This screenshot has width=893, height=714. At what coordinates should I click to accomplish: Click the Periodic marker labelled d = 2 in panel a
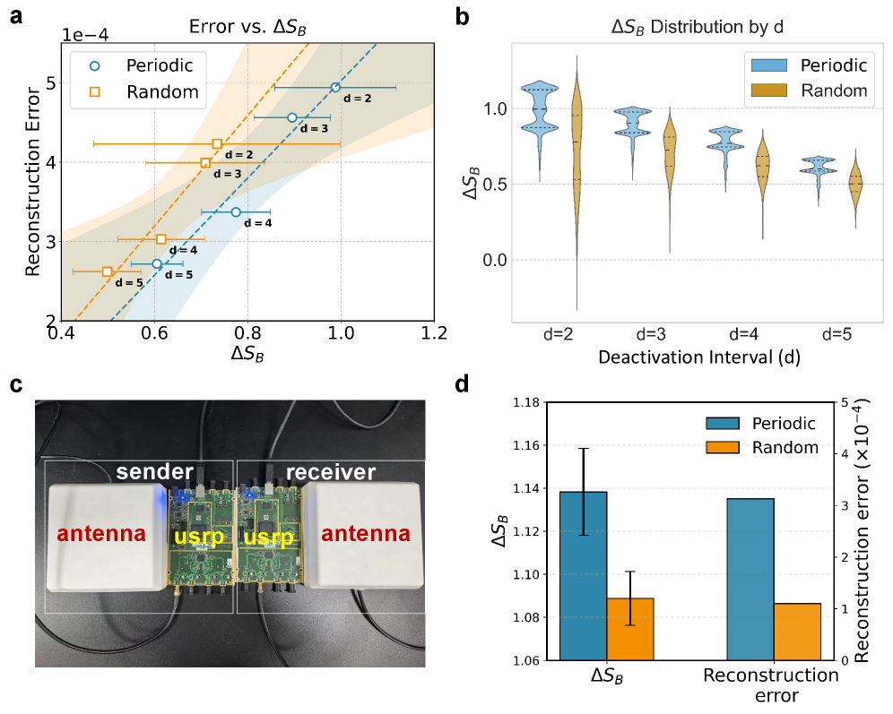tap(335, 88)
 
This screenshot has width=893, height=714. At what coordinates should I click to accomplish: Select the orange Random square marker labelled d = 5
tap(108, 271)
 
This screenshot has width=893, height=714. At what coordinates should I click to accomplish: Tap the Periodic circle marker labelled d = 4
tap(236, 212)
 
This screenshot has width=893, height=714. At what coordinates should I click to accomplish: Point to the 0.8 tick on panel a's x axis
tap(247, 332)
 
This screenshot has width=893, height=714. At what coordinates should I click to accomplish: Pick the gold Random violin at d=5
tap(855, 183)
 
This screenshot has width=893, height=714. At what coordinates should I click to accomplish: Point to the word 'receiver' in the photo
tap(331, 472)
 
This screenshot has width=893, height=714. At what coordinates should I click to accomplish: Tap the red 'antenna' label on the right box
tap(368, 535)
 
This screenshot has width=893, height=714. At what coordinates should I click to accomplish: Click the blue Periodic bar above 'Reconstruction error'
tap(750, 579)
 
